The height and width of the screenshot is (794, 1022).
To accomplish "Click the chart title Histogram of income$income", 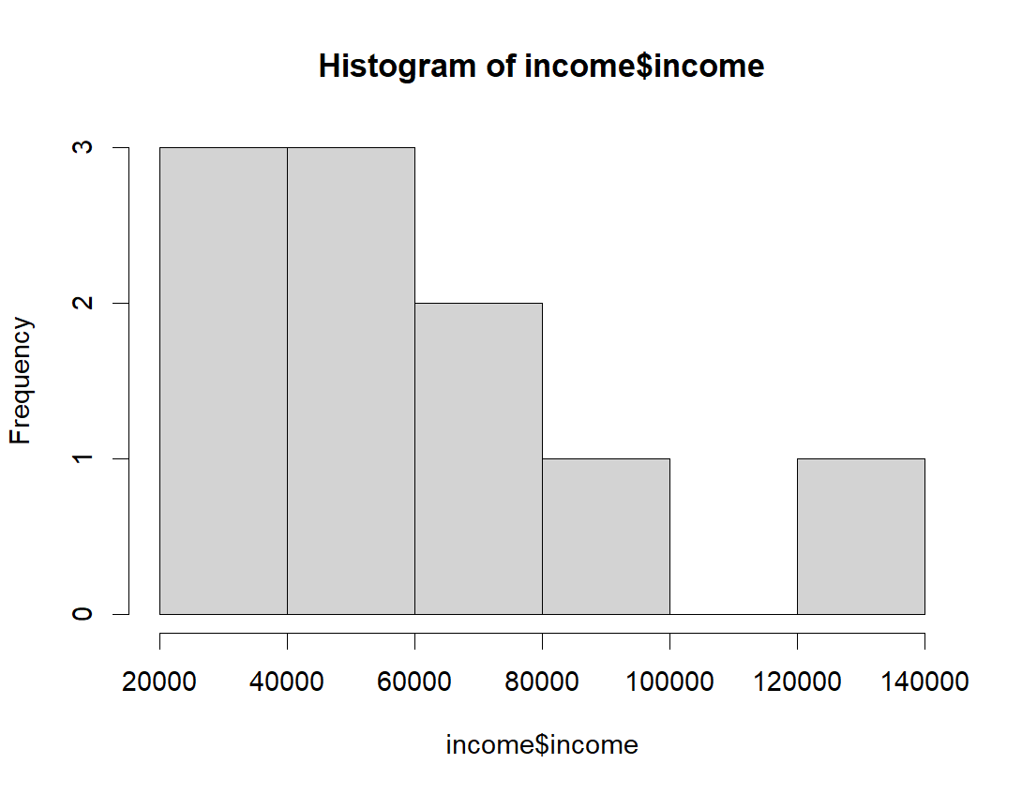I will pos(542,67).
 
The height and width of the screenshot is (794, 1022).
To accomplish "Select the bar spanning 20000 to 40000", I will pos(223,381).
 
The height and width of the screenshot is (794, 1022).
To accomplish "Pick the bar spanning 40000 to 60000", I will pos(351,381).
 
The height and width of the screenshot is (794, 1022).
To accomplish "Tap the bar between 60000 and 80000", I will pos(478,458).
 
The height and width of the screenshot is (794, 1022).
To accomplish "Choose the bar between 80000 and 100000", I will pos(606,536).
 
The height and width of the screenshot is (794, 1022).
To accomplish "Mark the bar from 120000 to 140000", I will pos(861,536).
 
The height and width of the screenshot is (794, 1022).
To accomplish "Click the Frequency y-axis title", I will pos(22,381).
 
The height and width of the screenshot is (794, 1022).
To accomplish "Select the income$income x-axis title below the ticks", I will pos(542,745).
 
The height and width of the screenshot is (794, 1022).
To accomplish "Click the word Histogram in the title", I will pos(389,67).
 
